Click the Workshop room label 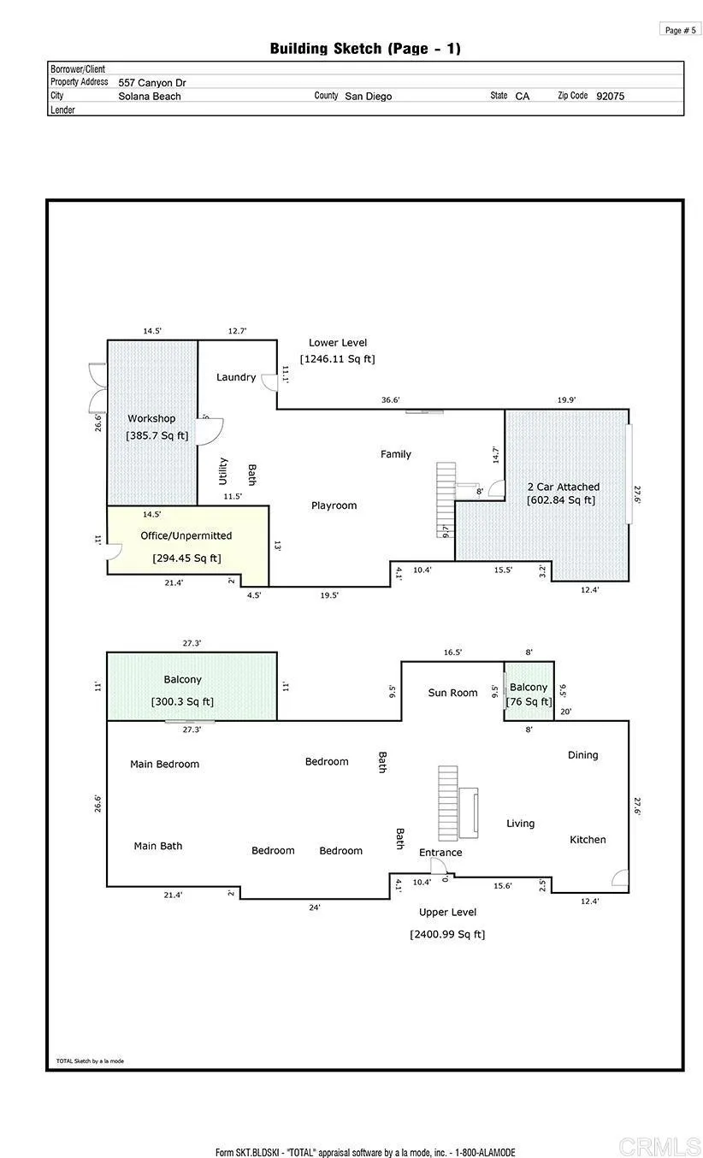click(x=151, y=418)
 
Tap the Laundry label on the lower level click(x=236, y=377)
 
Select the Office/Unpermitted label click(x=186, y=535)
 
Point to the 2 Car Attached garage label click(x=563, y=487)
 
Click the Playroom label click(x=334, y=505)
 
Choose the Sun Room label click(x=452, y=693)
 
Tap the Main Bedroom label click(x=164, y=764)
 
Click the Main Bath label click(x=158, y=846)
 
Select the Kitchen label click(x=588, y=840)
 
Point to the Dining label click(x=583, y=755)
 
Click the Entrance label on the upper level click(x=440, y=853)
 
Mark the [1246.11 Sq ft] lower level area click(x=337, y=359)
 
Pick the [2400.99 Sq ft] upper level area click(x=447, y=934)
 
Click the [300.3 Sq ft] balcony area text click(x=182, y=701)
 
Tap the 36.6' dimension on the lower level click(x=390, y=400)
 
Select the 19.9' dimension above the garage click(x=566, y=400)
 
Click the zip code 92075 click(x=610, y=96)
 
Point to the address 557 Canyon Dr click(x=152, y=83)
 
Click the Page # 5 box click(x=680, y=30)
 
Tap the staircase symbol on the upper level click(x=448, y=803)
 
